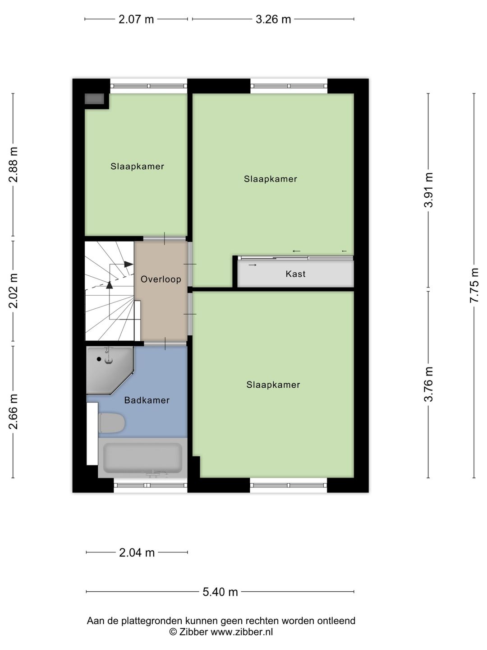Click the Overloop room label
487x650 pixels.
[x=161, y=279]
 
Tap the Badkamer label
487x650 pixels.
[x=147, y=400]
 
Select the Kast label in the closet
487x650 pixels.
[x=295, y=274]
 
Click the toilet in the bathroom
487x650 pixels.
[x=111, y=423]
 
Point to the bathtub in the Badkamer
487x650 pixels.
[x=142, y=458]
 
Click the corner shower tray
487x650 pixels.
[x=110, y=370]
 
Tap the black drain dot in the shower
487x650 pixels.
[x=99, y=359]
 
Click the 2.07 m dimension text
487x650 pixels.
[x=136, y=19]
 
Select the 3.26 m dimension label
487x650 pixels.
[x=273, y=19]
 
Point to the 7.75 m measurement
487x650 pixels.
[x=473, y=285]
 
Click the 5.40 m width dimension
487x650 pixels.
[x=221, y=592]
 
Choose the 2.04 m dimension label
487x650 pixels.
[x=137, y=552]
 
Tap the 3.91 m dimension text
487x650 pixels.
[x=428, y=190]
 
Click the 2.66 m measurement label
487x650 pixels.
[x=14, y=412]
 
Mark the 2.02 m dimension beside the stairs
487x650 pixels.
[x=14, y=291]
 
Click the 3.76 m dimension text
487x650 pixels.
[x=428, y=384]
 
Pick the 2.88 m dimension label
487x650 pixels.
[x=14, y=165]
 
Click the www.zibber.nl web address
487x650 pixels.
[x=242, y=631]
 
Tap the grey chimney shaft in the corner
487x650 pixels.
[x=94, y=99]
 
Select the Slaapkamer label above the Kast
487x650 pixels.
[x=271, y=179]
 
